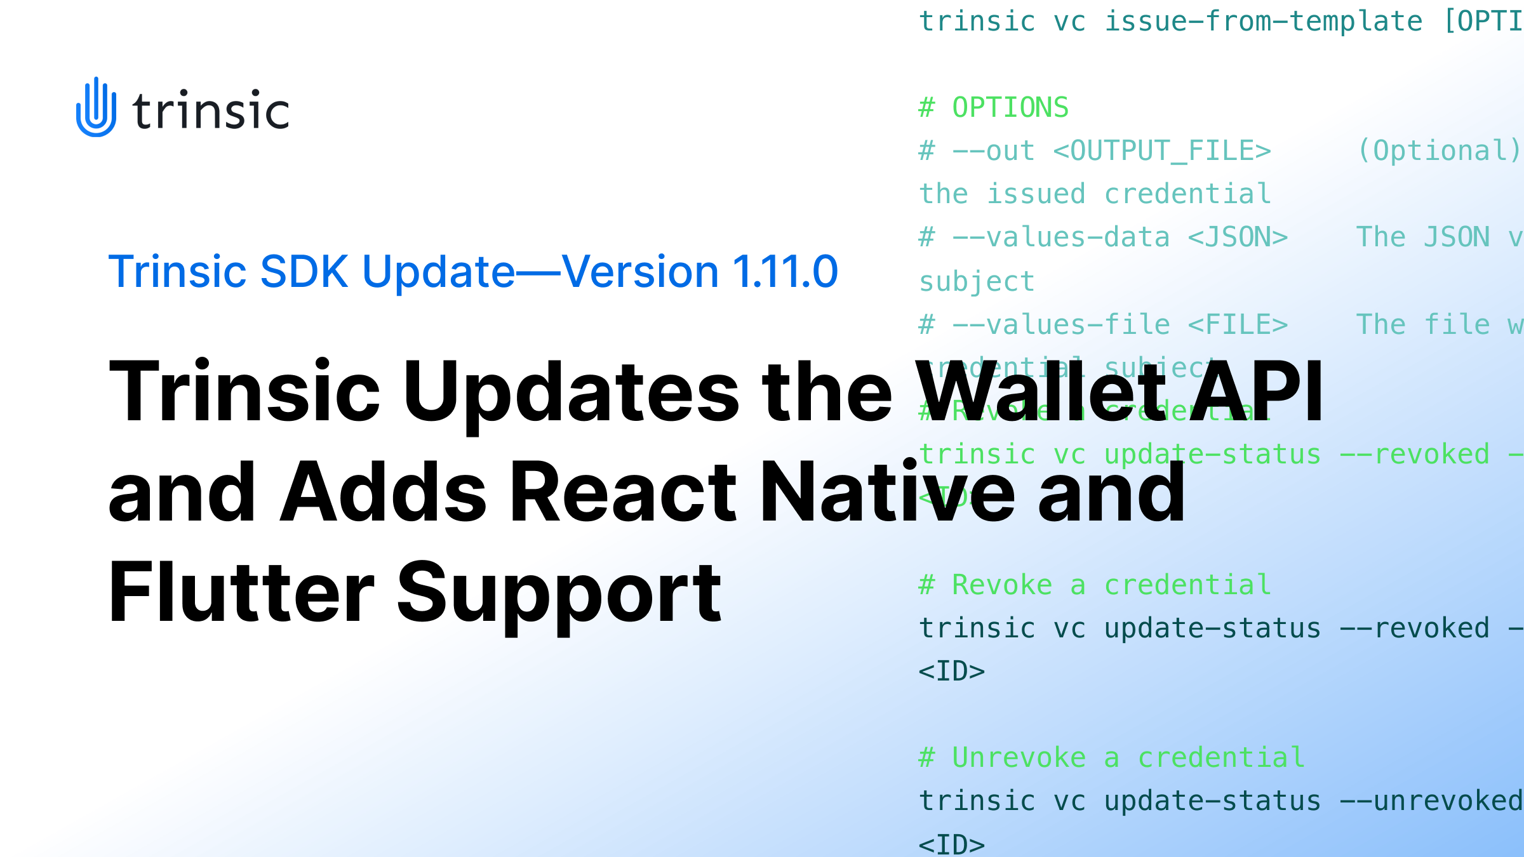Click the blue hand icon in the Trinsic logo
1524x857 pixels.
point(96,107)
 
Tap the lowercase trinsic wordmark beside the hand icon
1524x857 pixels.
point(211,111)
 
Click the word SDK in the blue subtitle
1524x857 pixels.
point(304,272)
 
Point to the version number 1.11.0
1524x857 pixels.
point(785,272)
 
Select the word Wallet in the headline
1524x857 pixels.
point(1041,392)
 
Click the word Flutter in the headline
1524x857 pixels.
point(241,593)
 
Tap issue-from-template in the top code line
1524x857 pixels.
point(1264,22)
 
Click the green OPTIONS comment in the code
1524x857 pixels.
point(1010,108)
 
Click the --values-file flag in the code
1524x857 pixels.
point(1060,325)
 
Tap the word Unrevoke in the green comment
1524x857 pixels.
point(1019,758)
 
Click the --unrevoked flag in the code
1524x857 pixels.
point(1432,801)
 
